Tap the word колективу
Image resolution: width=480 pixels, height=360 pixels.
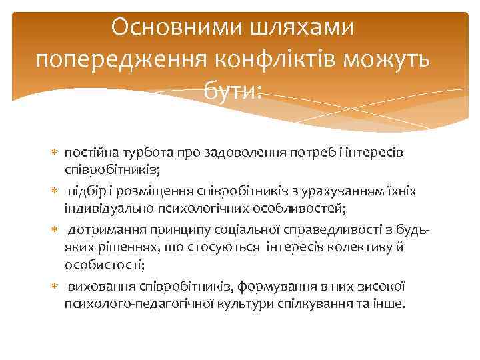coord(371,247)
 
